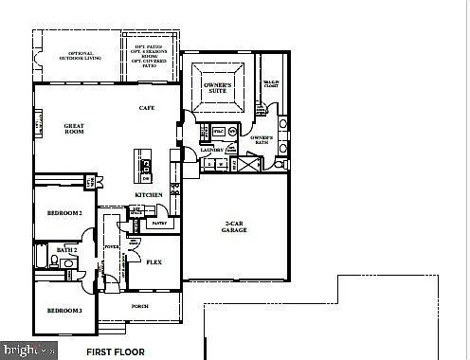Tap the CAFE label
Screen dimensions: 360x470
pos(147,108)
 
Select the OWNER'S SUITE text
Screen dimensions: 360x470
pos(218,90)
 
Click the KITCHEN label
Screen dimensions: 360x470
pos(148,195)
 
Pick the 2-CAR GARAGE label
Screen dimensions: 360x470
pos(234,225)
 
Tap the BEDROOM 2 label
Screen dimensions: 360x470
pos(65,213)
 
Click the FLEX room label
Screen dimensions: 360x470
pos(154,262)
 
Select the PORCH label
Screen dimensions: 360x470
pos(139,306)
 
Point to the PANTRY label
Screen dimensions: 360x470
pos(158,224)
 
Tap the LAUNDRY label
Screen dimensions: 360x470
pos(212,150)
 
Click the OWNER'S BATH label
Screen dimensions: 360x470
pos(262,141)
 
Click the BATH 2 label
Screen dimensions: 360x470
pos(65,249)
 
